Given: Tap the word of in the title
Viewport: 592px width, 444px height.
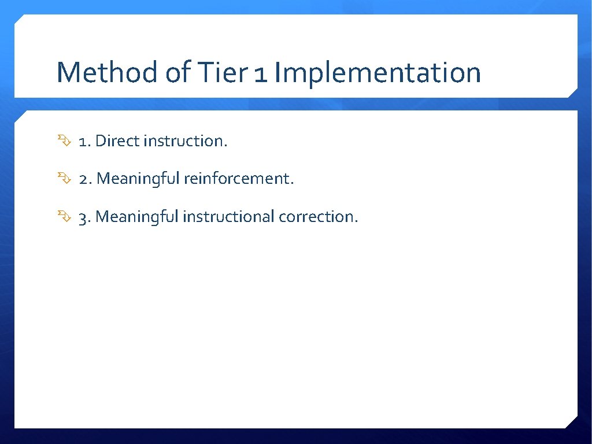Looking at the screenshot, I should point(180,73).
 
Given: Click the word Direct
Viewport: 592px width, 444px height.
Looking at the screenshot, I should point(117,141).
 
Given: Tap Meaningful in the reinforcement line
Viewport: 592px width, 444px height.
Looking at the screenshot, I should point(139,179).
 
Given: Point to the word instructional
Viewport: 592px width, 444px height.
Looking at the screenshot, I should point(228,217).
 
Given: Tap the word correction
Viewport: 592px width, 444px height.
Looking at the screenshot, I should point(318,217).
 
